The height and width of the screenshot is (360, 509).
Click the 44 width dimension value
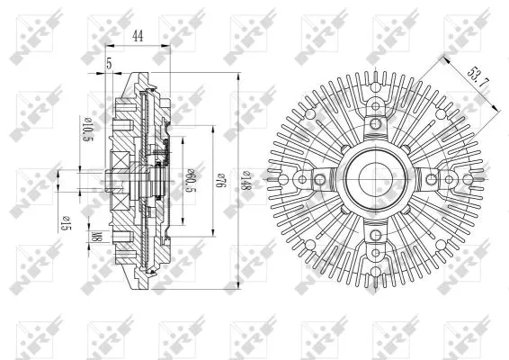tap(138, 35)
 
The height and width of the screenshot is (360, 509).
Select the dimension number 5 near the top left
tap(109, 63)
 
